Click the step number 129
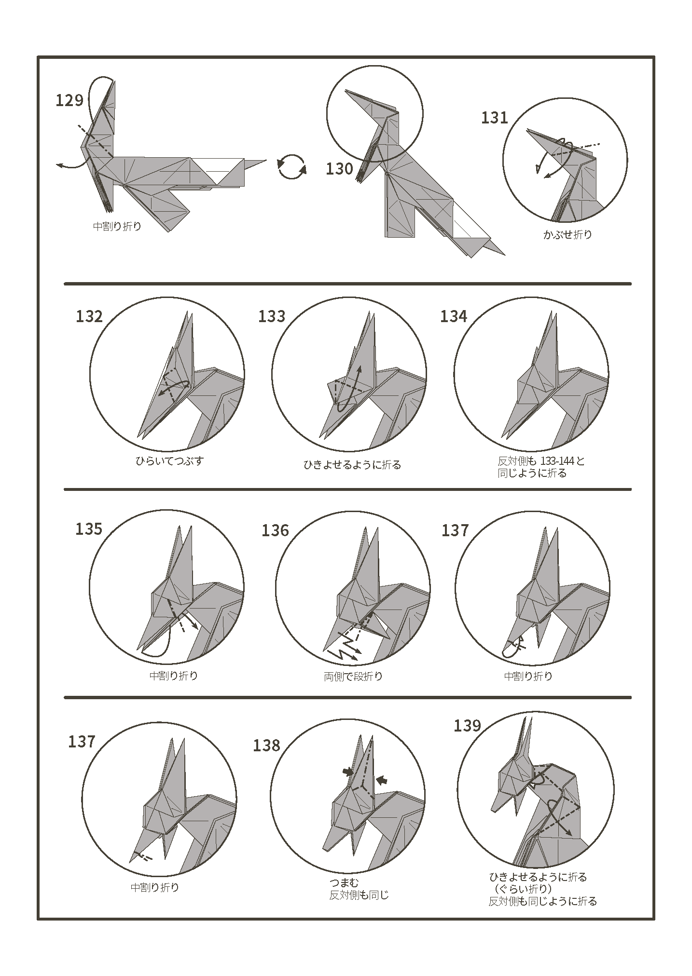tap(69, 100)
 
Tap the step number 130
tap(339, 169)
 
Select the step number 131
tap(495, 118)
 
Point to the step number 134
tap(454, 316)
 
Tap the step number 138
tap(266, 746)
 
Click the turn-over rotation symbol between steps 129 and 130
tap(291, 167)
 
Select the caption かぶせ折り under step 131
tap(567, 235)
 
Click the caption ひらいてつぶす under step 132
tap(169, 461)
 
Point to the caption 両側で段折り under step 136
tap(353, 677)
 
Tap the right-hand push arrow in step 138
tap(382, 780)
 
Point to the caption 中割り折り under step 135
tap(174, 676)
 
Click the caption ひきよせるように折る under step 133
tap(352, 465)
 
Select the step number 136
tap(275, 530)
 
